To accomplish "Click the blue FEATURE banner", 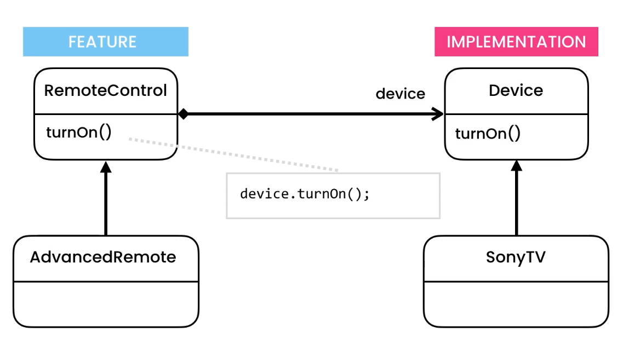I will pos(105,42).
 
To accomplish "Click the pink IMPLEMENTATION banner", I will pos(516,42).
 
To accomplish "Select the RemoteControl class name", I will pos(105,90).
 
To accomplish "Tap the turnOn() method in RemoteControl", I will pos(79,133).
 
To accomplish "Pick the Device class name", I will pos(516,90).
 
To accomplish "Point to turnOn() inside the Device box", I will pos(488,133).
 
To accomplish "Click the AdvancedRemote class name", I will pos(103,257).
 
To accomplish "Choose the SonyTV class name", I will pos(516,257).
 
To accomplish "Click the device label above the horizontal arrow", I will pos(400,94).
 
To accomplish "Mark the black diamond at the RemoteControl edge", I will pos(183,114).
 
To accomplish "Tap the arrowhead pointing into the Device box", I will pos(438,114).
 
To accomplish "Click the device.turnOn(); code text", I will pos(305,195).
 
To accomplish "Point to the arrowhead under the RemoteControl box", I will pos(106,167).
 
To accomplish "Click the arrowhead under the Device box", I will pos(516,167).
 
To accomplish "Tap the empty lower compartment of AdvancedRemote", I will pos(105,304).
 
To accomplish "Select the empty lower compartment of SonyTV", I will pos(516,304).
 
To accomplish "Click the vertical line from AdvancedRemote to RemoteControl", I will pos(106,203).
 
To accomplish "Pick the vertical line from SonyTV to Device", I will pos(516,203).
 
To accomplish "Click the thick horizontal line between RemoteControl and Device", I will pos(307,114).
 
